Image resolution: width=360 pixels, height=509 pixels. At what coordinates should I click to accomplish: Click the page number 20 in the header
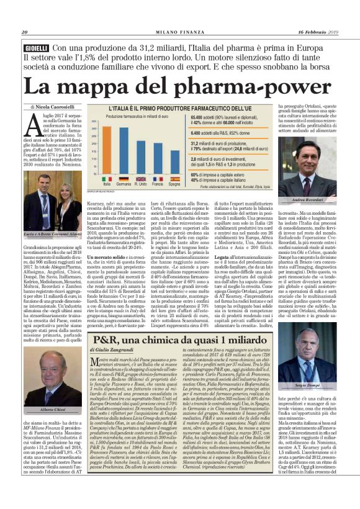click(x=25, y=32)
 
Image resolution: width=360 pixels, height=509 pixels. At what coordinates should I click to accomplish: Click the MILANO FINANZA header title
click(x=179, y=32)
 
